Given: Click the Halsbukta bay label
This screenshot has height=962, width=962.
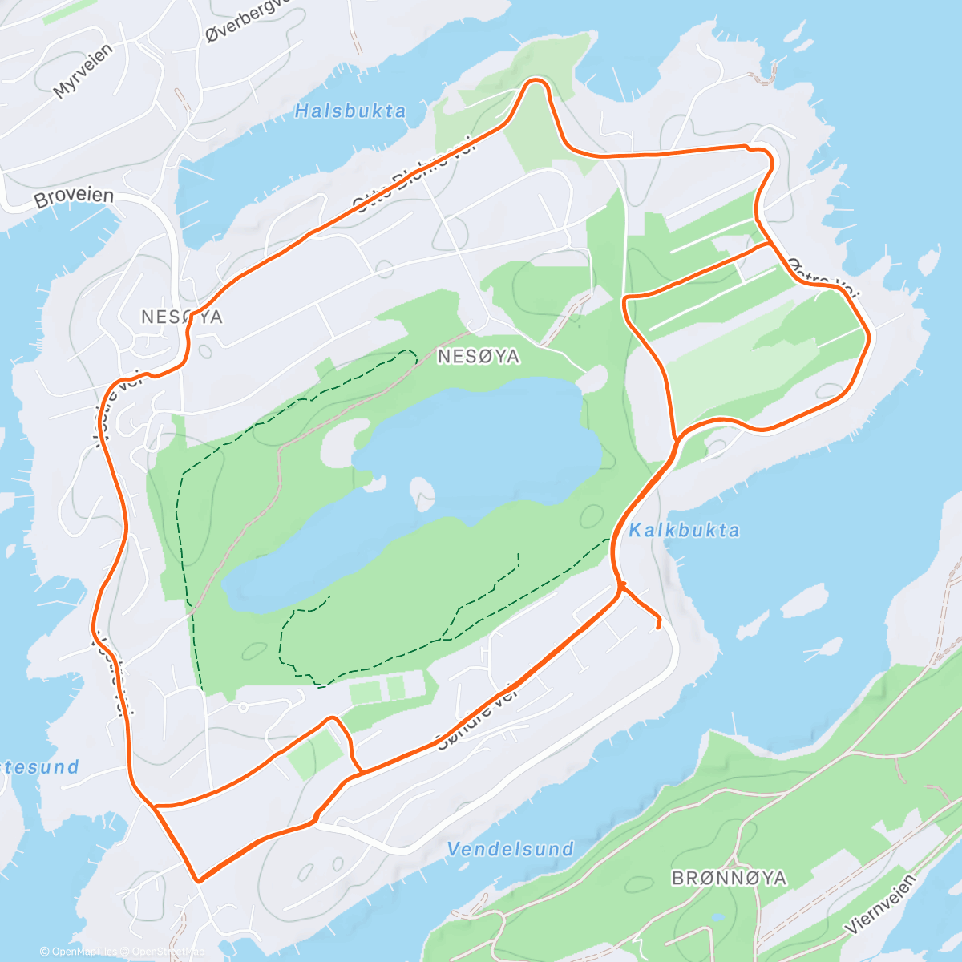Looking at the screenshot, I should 350,111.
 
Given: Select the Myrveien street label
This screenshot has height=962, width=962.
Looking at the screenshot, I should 83,71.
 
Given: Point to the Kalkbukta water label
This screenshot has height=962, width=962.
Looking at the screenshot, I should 684,530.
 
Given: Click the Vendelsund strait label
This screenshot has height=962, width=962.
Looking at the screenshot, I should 511,849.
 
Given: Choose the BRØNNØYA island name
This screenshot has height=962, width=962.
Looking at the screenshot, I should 729,879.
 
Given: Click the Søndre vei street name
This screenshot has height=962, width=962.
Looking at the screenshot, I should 478,716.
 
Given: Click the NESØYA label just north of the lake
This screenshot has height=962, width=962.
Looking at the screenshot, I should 479,357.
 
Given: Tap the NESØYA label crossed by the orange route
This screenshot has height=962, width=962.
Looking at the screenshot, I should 181,317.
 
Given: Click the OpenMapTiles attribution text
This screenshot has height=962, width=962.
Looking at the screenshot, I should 79,952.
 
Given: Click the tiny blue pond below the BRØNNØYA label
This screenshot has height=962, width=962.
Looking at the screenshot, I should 717,916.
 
